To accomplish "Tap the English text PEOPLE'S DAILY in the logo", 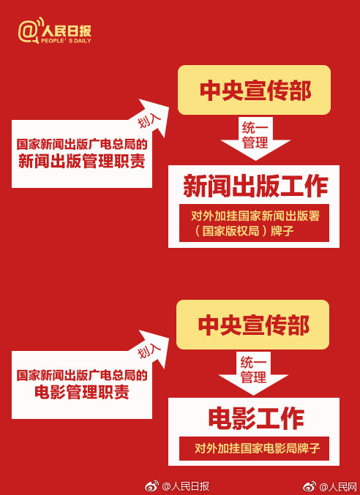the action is (x=66, y=41).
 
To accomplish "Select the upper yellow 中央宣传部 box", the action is (x=254, y=90).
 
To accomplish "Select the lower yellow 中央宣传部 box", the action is (x=252, y=325).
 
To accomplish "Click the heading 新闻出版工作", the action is (x=255, y=187).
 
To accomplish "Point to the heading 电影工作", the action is (x=256, y=419).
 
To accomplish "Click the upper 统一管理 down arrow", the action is (x=255, y=138).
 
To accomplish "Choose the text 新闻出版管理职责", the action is (x=81, y=162).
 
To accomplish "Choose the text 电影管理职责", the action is (x=81, y=393).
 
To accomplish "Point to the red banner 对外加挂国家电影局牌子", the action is (x=254, y=448).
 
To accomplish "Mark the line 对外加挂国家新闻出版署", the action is (x=255, y=216).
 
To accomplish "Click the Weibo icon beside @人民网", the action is (x=310, y=486).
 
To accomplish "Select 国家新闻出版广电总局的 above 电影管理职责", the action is (x=82, y=376).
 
